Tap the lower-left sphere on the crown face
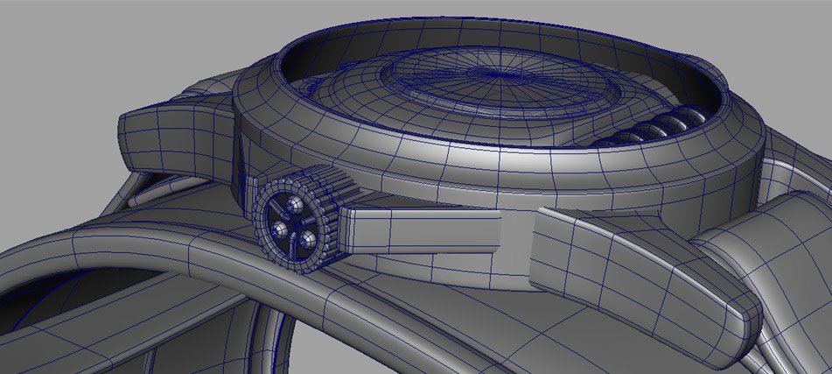(x=278, y=229)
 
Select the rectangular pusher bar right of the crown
(x=420, y=227)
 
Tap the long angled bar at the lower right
(x=647, y=263)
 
